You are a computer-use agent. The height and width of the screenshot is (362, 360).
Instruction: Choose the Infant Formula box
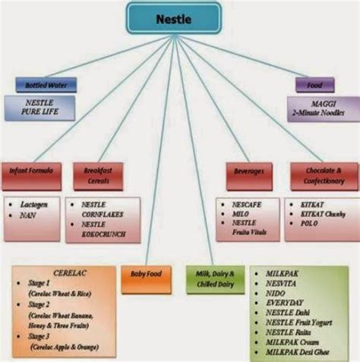pyautogui.click(x=31, y=172)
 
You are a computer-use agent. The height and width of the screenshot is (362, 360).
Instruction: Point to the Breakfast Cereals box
pyautogui.click(x=96, y=172)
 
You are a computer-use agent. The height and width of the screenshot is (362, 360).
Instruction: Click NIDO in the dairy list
pyautogui.click(x=276, y=293)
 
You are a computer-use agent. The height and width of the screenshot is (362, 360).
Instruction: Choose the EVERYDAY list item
pyautogui.click(x=284, y=303)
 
